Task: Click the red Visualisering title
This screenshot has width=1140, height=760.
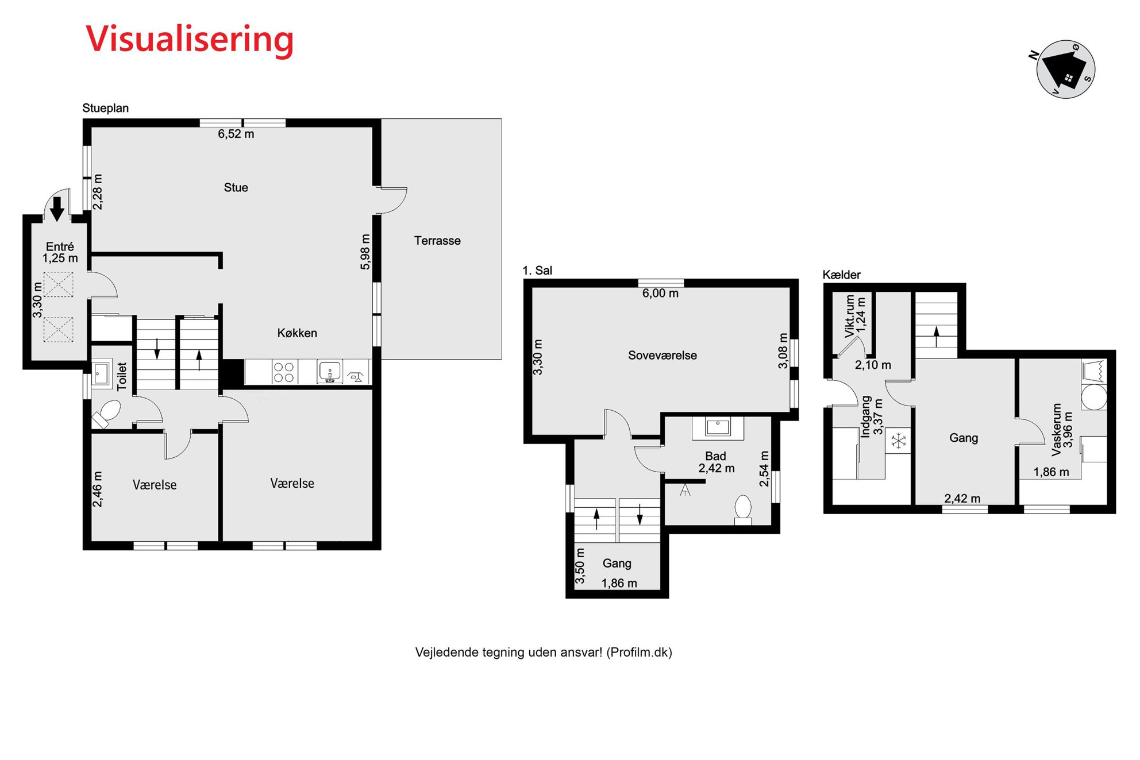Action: pyautogui.click(x=190, y=40)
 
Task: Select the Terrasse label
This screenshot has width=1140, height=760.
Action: pyautogui.click(x=437, y=241)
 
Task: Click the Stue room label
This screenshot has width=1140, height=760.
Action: pyautogui.click(x=236, y=187)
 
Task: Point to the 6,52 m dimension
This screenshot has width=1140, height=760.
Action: pyautogui.click(x=236, y=134)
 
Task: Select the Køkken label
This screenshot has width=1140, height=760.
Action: pyautogui.click(x=297, y=333)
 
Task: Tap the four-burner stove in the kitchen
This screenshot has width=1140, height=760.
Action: pyautogui.click(x=284, y=372)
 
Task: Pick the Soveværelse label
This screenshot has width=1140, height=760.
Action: pyautogui.click(x=662, y=356)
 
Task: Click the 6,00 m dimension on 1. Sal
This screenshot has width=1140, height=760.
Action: pyautogui.click(x=660, y=294)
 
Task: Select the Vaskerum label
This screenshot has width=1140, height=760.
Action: pyautogui.click(x=1056, y=430)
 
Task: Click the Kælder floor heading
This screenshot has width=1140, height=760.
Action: pyautogui.click(x=841, y=275)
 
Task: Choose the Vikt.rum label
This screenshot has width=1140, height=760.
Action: pyautogui.click(x=849, y=316)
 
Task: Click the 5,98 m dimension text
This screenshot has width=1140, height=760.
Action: pyautogui.click(x=365, y=252)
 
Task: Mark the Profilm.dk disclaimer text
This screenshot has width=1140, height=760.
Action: pyautogui.click(x=544, y=653)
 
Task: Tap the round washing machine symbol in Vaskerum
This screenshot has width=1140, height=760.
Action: pyautogui.click(x=1094, y=397)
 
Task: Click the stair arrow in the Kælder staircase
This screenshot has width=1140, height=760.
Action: pyautogui.click(x=937, y=337)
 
